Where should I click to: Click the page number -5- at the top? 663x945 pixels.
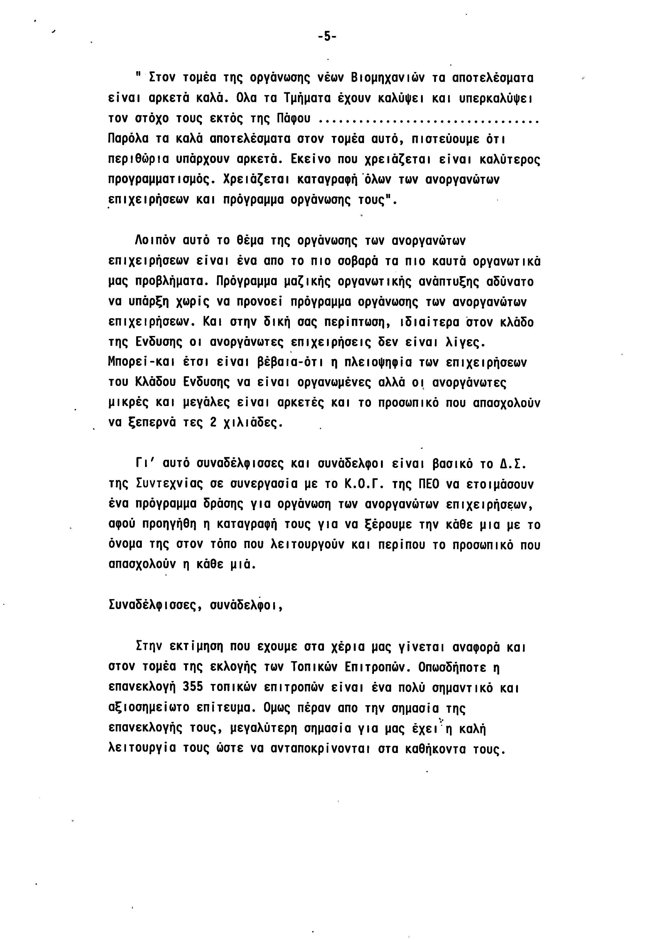327,37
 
